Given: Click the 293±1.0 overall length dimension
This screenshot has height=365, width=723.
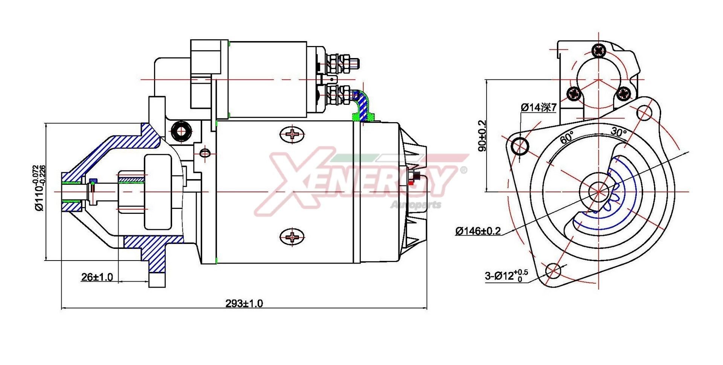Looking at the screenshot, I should click(x=244, y=303).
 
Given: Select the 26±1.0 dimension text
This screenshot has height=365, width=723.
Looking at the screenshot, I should click(x=97, y=277).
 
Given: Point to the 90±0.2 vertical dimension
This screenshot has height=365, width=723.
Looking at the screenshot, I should click(x=482, y=136).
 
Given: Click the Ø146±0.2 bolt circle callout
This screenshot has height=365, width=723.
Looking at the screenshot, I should click(x=478, y=231).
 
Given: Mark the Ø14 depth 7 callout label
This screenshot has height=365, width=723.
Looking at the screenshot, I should click(x=538, y=107).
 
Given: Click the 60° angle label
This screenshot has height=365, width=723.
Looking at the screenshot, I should click(x=567, y=137).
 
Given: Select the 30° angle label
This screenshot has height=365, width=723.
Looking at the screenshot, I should click(x=618, y=132).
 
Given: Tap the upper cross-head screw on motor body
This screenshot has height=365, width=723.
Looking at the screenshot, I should click(x=292, y=134).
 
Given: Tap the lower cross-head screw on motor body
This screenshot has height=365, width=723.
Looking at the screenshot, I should click(x=292, y=237).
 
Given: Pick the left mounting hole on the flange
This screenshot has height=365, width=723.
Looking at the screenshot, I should click(x=520, y=146).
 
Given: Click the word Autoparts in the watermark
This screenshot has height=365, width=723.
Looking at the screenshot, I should click(x=416, y=205).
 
